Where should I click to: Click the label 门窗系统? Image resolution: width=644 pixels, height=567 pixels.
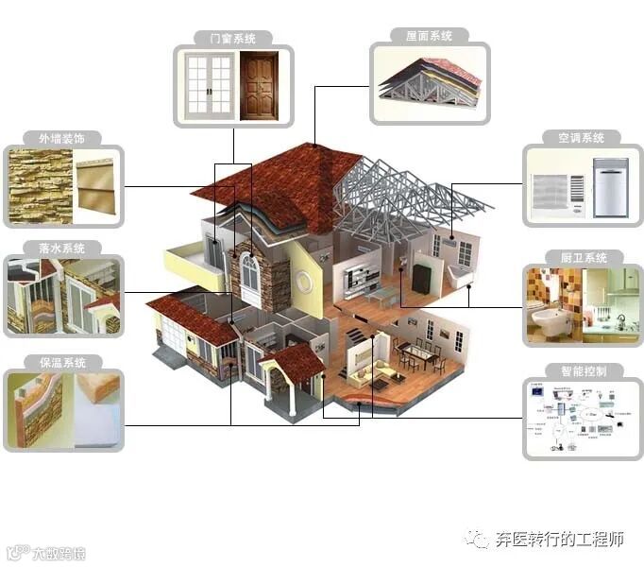(x=233, y=39)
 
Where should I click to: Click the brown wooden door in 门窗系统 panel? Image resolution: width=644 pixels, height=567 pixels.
(x=260, y=85)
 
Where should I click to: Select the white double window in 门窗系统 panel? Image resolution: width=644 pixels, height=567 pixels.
(x=208, y=85)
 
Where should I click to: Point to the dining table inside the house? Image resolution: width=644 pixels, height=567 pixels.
(x=416, y=350)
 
